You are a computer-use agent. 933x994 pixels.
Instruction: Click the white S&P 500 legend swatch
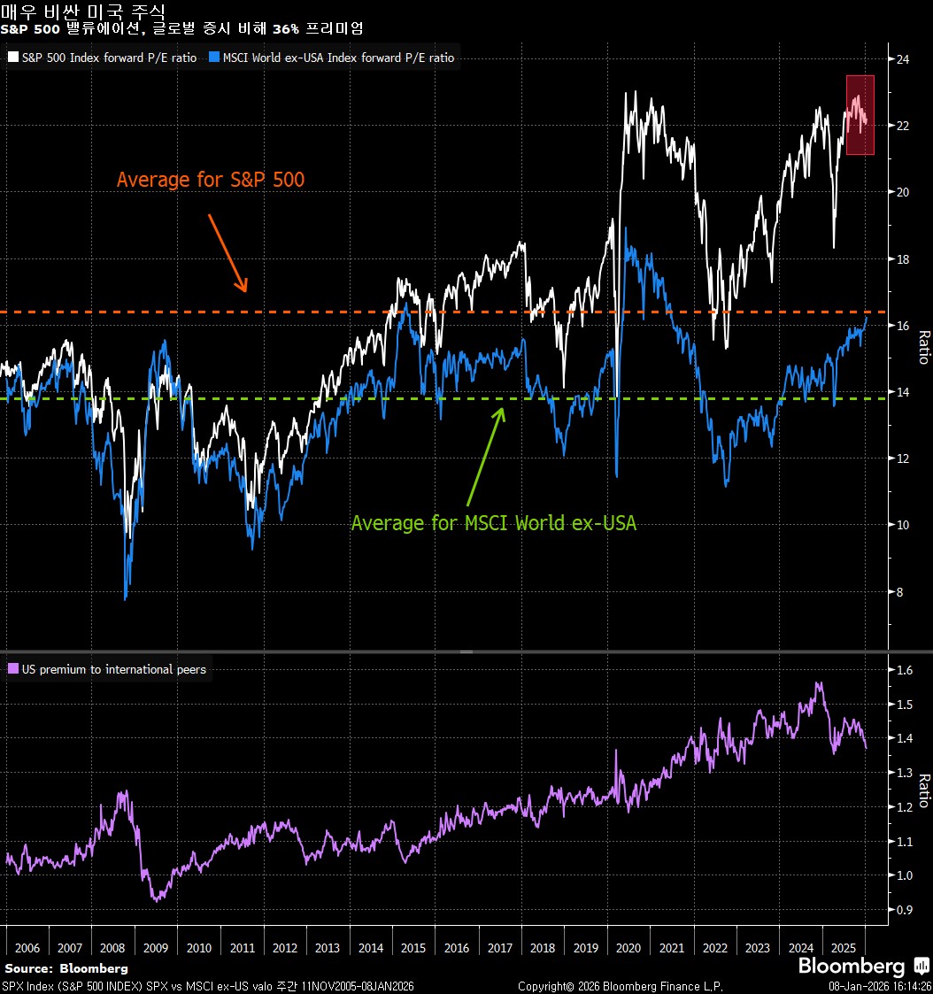[x=13, y=58]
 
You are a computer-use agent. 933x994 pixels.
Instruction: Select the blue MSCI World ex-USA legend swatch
[x=215, y=58]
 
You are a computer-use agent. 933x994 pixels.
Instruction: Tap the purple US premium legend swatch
[x=13, y=669]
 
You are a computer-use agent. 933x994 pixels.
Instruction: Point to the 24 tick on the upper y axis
[x=903, y=59]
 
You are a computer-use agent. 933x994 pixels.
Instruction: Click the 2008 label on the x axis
[x=113, y=947]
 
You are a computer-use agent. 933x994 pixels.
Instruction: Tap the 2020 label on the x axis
[x=628, y=947]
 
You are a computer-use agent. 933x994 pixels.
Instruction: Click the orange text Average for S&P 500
[x=211, y=180]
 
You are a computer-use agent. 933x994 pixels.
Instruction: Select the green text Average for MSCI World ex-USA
[x=494, y=523]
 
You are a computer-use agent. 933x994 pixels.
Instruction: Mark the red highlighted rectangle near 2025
[x=860, y=115]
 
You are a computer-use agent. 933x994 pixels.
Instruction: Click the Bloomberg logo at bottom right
[x=853, y=965]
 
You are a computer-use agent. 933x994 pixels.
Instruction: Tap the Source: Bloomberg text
[x=66, y=968]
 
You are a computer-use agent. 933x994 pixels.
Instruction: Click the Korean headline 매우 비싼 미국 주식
[x=82, y=12]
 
